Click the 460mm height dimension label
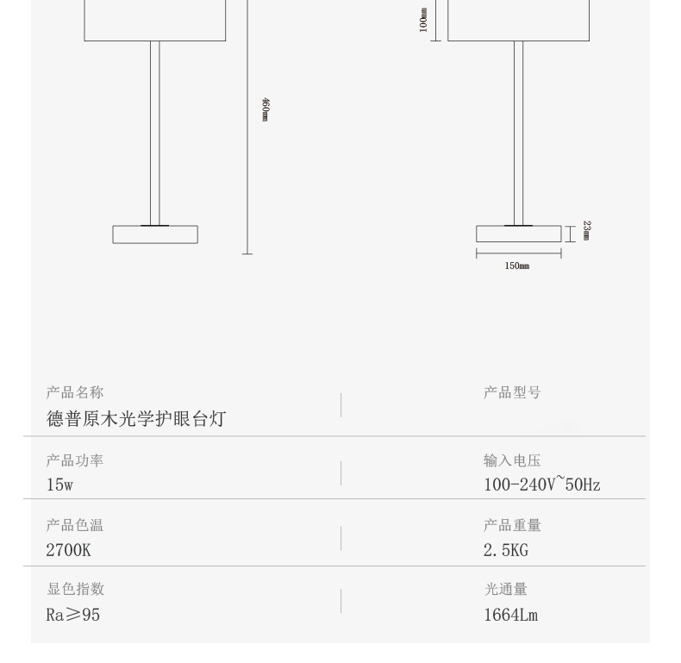tap(265, 109)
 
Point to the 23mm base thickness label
tap(586, 230)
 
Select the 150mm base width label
tap(517, 266)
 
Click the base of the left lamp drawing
tap(155, 235)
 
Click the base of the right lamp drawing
tap(518, 234)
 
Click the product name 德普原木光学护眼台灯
tap(136, 419)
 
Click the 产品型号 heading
tap(512, 393)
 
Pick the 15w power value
tap(59, 485)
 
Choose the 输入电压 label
tap(512, 460)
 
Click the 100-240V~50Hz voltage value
tap(541, 485)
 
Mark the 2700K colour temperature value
tap(68, 549)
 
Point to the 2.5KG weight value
tap(511, 549)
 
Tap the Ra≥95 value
tap(72, 615)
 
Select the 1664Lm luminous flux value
tap(511, 615)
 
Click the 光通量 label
tap(505, 590)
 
